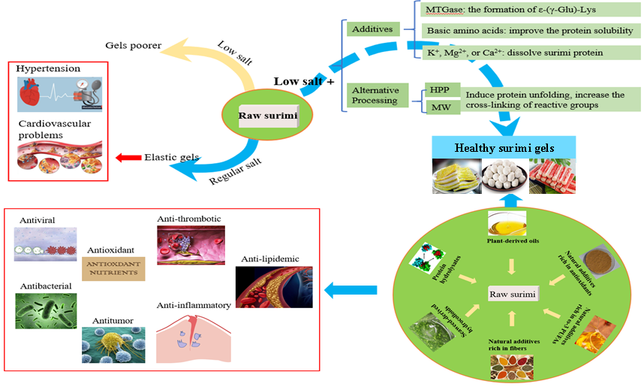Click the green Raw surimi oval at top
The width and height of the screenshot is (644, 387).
pyautogui.click(x=267, y=116)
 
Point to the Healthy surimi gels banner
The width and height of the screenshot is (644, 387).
pyautogui.click(x=503, y=147)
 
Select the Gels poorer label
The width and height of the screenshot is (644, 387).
pyautogui.click(x=133, y=46)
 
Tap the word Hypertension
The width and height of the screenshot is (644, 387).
pyautogui.click(x=48, y=68)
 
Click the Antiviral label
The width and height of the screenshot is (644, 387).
pyautogui.click(x=38, y=220)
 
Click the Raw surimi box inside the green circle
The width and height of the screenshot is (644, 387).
pyautogui.click(x=513, y=294)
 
